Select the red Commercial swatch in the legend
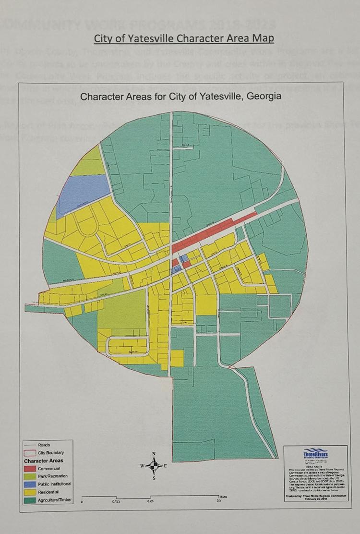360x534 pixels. coord(30,468)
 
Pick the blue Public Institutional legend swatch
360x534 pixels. coord(30,484)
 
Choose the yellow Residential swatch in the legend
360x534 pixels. coord(30,492)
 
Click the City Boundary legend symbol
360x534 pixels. coord(30,452)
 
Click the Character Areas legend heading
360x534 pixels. coord(44,461)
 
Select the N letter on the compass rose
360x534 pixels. coord(154,453)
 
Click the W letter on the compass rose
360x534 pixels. coord(143,466)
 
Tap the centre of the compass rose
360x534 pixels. coord(154,466)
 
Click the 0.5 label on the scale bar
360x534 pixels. coord(219,501)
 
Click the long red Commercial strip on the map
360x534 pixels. coord(211,234)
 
